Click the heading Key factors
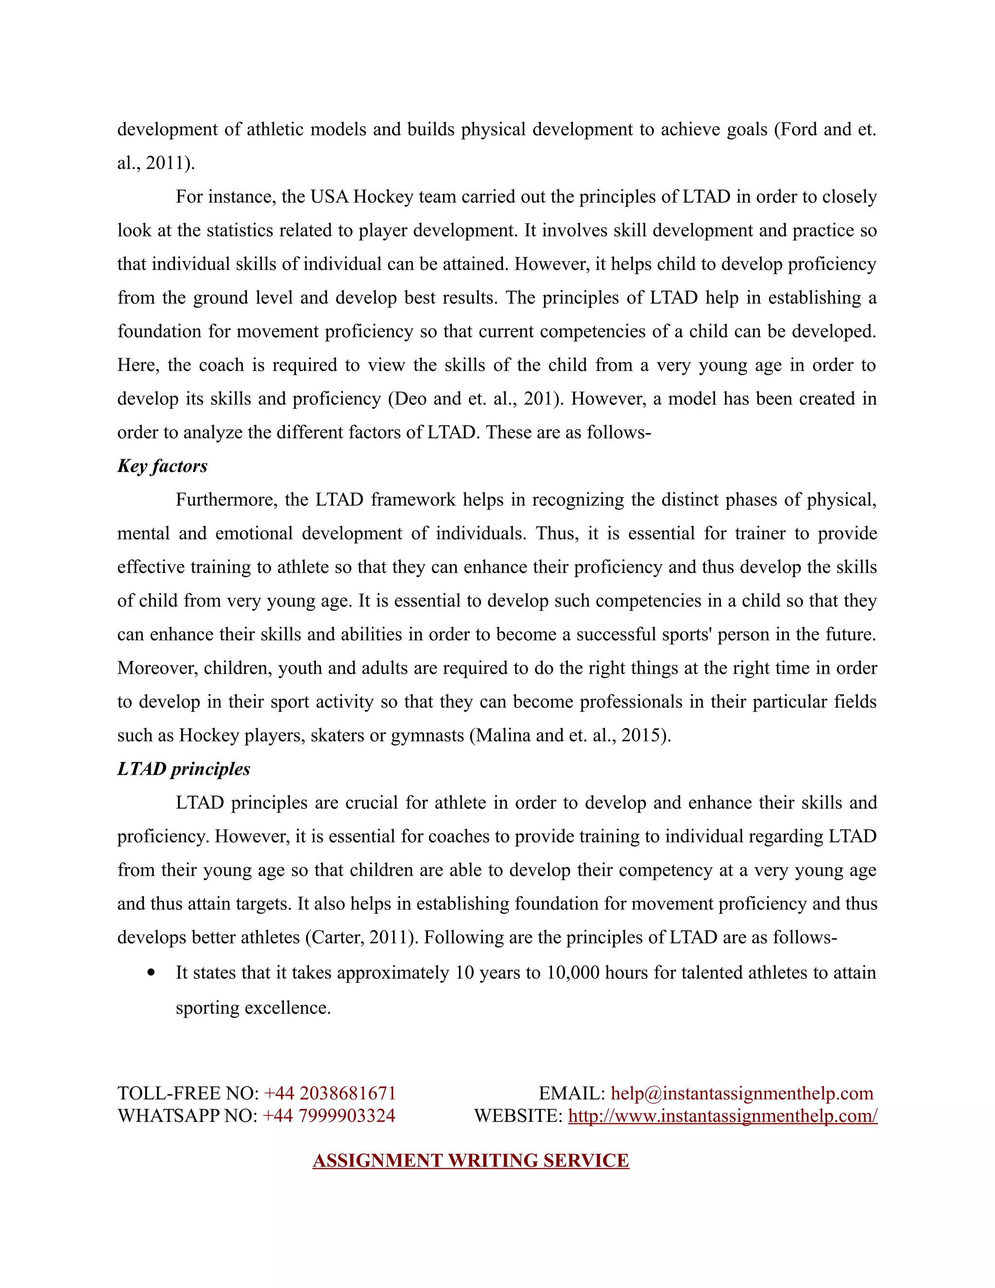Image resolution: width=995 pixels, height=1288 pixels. pos(162,467)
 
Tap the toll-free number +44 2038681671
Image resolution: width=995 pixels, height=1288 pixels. pos(329,1094)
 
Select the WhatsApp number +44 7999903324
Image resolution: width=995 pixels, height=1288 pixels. pos(328,1116)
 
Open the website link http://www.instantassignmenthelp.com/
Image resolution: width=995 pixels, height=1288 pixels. pos(722,1116)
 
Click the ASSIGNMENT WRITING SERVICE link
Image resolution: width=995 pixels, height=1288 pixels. pos(470,1161)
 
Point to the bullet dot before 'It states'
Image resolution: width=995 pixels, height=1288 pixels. pos(152,973)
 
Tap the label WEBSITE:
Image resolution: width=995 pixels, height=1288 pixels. pos(518,1116)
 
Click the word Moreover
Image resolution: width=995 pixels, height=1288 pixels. pos(157,668)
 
